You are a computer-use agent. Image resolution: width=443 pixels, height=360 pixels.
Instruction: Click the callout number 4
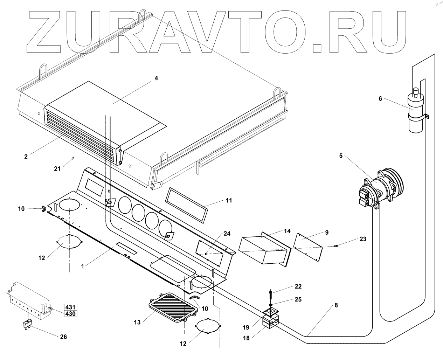click(156, 78)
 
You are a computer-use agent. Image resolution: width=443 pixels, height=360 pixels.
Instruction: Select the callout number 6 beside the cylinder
click(380, 99)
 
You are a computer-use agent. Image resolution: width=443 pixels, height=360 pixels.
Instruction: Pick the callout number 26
click(63, 337)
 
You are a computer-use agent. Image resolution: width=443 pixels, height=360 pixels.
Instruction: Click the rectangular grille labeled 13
click(171, 307)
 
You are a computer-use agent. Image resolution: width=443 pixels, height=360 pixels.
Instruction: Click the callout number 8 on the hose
click(336, 305)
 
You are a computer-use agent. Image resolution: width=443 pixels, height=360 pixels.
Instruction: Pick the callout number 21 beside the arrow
click(57, 168)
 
